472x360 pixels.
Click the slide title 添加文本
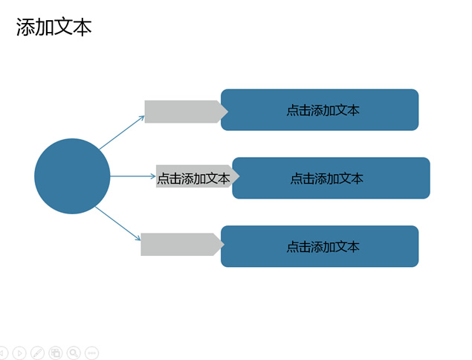point(54,27)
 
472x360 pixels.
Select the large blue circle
point(72,176)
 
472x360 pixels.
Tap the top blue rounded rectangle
point(320,109)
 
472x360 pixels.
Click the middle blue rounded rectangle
point(331,178)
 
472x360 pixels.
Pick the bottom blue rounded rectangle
point(320,246)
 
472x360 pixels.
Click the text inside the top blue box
point(323,111)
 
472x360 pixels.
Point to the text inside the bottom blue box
point(323,247)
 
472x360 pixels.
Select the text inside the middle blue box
point(327,179)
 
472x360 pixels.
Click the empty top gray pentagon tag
point(187,112)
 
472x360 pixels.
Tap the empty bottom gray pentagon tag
point(183,244)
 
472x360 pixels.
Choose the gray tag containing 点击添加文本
point(198,176)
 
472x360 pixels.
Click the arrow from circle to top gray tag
point(122,132)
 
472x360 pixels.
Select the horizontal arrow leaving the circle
point(133,176)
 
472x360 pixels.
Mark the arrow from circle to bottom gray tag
point(118,224)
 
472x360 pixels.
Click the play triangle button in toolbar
point(19,353)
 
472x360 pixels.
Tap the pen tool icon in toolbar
point(38,353)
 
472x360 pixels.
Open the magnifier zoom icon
point(74,353)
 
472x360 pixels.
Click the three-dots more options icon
point(92,353)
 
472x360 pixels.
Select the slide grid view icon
point(56,353)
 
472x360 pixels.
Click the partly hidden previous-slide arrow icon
point(3,353)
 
